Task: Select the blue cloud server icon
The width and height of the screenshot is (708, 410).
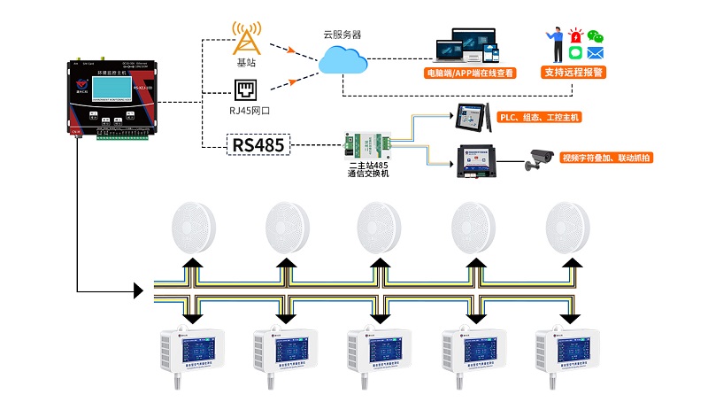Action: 343,60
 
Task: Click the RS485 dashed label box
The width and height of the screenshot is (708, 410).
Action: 259,143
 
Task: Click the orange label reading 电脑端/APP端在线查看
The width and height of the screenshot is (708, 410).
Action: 470,73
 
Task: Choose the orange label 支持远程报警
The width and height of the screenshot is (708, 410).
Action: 573,73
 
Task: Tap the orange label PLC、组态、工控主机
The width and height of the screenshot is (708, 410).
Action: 540,117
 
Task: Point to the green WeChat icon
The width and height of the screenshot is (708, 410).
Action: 596,37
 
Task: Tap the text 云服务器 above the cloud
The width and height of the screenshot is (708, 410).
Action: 342,35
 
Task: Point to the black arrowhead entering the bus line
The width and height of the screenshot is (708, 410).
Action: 137,290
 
